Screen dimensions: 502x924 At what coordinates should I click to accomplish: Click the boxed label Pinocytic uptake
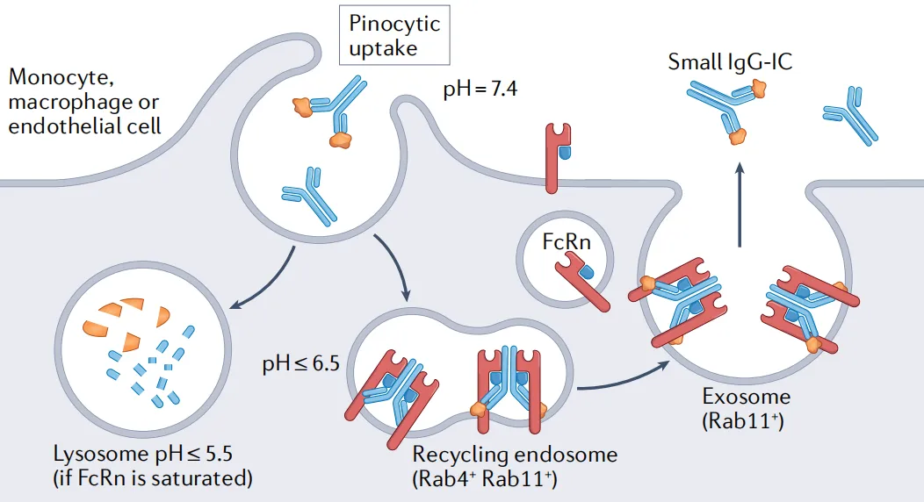coord(393,35)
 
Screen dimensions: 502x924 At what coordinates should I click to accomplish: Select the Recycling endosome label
coord(515,455)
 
